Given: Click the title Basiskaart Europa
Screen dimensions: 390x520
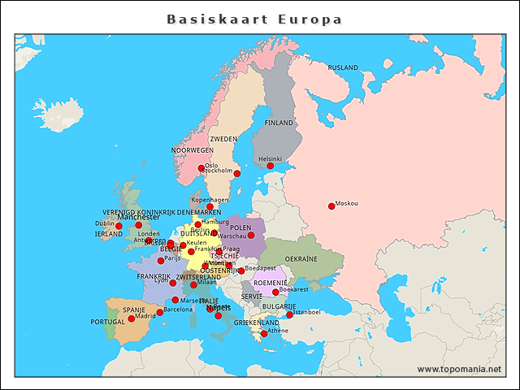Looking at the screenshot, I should [254, 19].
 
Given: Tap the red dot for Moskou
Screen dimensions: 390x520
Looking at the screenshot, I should [331, 206].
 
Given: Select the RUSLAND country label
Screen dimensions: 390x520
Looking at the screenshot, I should [343, 67].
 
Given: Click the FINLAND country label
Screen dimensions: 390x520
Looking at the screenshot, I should [279, 123].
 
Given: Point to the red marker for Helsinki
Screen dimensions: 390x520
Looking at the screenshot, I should [271, 166].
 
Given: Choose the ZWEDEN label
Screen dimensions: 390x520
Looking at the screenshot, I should [223, 139].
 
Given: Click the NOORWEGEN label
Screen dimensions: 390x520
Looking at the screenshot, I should [193, 150].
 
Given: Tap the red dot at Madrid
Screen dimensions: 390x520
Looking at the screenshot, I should [132, 318].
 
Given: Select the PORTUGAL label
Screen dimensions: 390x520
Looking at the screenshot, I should [107, 322].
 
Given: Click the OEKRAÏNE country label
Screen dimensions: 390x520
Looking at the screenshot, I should [301, 258].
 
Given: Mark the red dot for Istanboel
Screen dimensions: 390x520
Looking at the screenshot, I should [289, 314].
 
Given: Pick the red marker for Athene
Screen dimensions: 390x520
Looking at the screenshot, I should [264, 333].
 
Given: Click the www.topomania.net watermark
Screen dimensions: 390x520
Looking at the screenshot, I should [459, 369].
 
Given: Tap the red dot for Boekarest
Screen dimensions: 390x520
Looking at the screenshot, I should [275, 292].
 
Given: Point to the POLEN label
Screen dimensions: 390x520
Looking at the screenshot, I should [240, 228].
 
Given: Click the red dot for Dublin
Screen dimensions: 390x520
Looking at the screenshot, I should [119, 226].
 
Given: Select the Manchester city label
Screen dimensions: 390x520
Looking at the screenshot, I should [138, 217].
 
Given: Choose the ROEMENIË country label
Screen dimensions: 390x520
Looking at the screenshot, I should [271, 283].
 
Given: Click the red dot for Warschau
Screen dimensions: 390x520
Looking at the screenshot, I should [251, 236].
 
